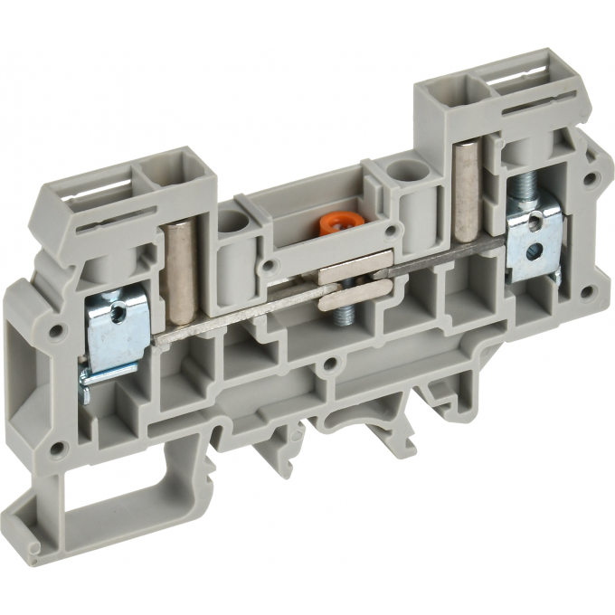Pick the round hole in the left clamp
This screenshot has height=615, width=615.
[x=115, y=313]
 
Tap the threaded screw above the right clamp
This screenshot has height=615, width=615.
[x=521, y=194]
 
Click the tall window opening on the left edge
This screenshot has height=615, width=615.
[x=26, y=344]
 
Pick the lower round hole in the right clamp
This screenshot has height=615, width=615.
[x=536, y=251]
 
